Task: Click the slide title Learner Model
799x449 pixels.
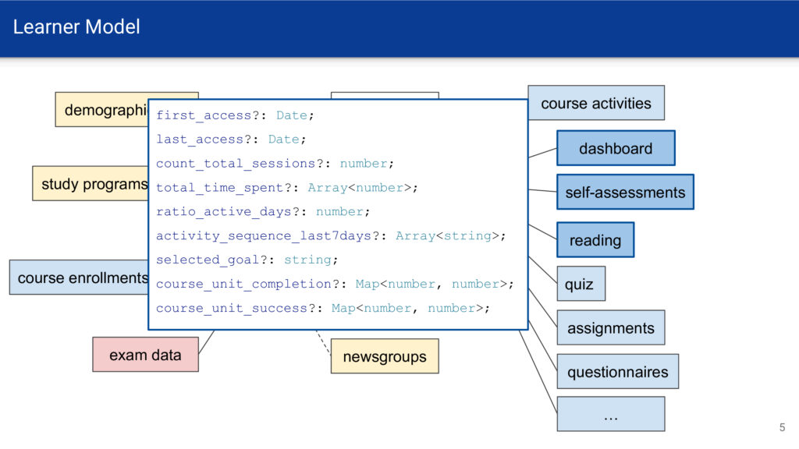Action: [x=76, y=27]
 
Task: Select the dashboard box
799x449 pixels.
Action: [x=616, y=148]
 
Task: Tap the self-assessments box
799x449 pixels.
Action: [x=625, y=192]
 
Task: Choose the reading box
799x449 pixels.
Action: [x=595, y=240]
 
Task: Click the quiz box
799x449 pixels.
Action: [x=581, y=284]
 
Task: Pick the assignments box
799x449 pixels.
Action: [x=610, y=327]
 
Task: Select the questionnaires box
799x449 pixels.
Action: [x=618, y=372]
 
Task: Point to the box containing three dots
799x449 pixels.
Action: [x=610, y=414]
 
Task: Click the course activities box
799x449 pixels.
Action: [x=596, y=103]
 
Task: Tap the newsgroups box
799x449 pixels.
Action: [x=385, y=356]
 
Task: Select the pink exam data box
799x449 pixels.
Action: [x=145, y=355]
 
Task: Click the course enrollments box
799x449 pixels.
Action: [x=79, y=278]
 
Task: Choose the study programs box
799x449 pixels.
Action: [x=91, y=183]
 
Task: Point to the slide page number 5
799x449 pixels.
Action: [x=782, y=427]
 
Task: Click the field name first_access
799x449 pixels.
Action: [x=204, y=115]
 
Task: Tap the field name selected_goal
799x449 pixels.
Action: [x=208, y=260]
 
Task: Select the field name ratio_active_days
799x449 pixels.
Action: [x=224, y=212]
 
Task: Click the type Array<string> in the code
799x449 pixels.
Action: [x=447, y=235]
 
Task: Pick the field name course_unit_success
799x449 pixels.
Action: [x=232, y=308]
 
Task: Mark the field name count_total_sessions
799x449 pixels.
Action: [x=236, y=164]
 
